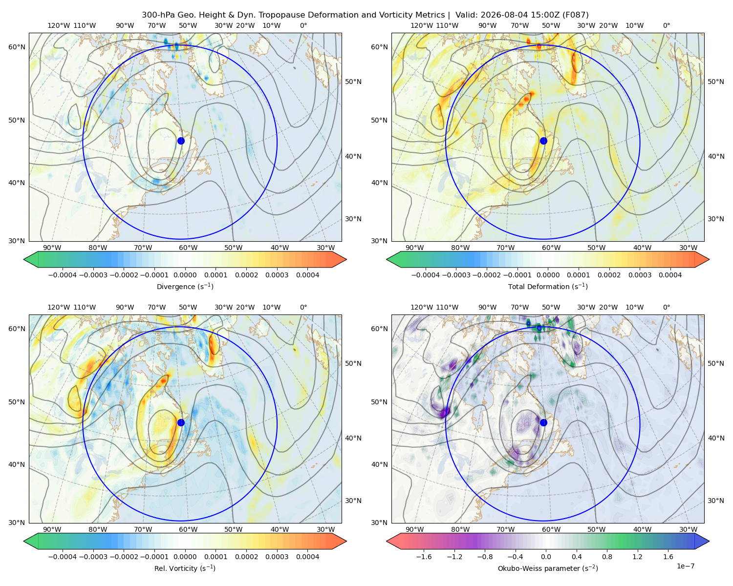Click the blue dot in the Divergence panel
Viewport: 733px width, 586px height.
(181, 141)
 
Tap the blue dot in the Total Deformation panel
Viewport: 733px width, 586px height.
(543, 141)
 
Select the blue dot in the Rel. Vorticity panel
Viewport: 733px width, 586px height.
(181, 422)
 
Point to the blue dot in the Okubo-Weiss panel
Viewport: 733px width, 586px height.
(543, 422)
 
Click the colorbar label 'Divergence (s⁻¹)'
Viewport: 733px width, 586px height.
(185, 286)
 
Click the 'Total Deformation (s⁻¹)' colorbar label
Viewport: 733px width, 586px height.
(548, 286)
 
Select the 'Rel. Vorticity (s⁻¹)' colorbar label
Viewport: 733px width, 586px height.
(185, 568)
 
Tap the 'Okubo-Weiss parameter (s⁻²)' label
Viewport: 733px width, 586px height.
(548, 568)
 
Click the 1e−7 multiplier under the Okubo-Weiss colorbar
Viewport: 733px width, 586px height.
(685, 566)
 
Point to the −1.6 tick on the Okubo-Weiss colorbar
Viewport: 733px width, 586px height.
(424, 556)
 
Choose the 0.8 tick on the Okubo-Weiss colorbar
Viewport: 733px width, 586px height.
(607, 556)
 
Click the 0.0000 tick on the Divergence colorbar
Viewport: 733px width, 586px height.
(185, 275)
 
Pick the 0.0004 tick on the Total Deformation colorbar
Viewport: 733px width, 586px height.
(670, 275)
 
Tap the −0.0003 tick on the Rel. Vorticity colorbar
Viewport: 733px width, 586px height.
(93, 556)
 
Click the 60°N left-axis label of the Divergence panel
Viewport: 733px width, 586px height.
(17, 47)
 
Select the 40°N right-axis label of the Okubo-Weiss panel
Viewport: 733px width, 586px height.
(715, 438)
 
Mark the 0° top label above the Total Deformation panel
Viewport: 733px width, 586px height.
(666, 25)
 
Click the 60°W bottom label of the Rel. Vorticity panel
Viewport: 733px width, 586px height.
(188, 529)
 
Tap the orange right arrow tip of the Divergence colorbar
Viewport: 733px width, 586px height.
(346, 259)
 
